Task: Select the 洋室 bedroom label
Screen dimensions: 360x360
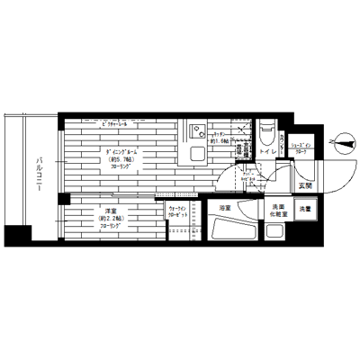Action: click(107, 211)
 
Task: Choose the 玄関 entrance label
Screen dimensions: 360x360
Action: click(305, 185)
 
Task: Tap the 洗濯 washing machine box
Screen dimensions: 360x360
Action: click(305, 209)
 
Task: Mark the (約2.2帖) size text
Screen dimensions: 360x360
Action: click(109, 220)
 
